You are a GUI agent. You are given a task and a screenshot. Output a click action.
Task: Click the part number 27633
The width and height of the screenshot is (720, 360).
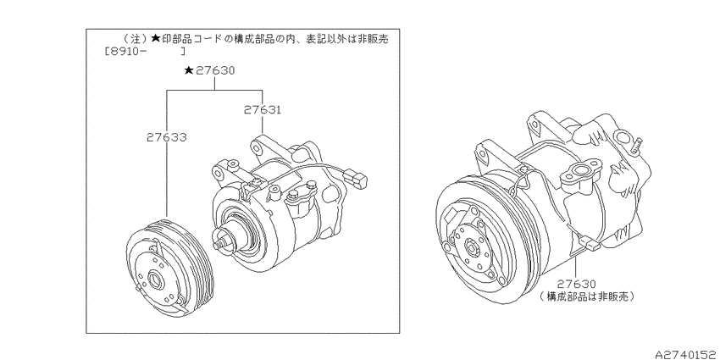point(167,137)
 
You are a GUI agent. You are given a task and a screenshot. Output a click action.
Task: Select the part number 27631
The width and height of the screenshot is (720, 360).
point(263,110)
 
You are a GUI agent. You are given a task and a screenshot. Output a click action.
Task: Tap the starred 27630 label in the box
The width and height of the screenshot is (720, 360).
point(209,70)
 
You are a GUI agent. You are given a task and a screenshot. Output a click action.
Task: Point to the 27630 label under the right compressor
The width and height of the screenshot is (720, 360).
point(577,284)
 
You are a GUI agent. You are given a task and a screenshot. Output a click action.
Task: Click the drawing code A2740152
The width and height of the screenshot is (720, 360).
point(686,354)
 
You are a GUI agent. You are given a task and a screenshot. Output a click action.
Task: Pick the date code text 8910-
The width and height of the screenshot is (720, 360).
point(124,52)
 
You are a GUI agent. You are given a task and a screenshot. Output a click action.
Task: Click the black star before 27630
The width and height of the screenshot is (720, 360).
point(188,70)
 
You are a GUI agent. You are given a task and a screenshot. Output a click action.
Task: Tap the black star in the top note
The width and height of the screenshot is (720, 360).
point(155,39)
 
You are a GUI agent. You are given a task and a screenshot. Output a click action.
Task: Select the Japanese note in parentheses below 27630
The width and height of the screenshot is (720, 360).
point(587,296)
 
